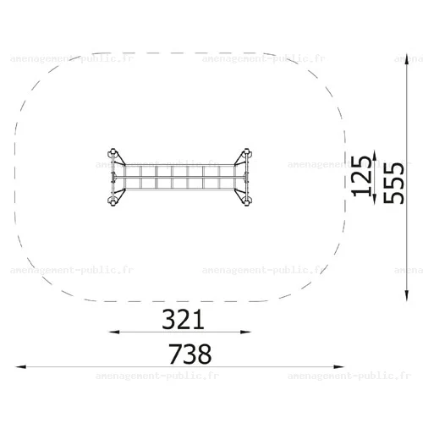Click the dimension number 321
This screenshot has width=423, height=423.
(183, 320)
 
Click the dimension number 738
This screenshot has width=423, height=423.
(190, 354)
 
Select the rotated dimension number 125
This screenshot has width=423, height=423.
(361, 176)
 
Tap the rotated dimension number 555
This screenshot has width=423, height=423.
(393, 183)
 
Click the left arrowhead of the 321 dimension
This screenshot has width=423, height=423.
(114, 332)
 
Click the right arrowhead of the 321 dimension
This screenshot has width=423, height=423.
(245, 332)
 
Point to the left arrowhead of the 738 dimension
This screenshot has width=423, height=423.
(21, 367)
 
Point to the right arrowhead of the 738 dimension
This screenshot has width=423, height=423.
(338, 367)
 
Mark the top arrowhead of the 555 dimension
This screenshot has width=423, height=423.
(407, 58)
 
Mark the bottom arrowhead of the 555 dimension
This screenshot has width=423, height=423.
(407, 295)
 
